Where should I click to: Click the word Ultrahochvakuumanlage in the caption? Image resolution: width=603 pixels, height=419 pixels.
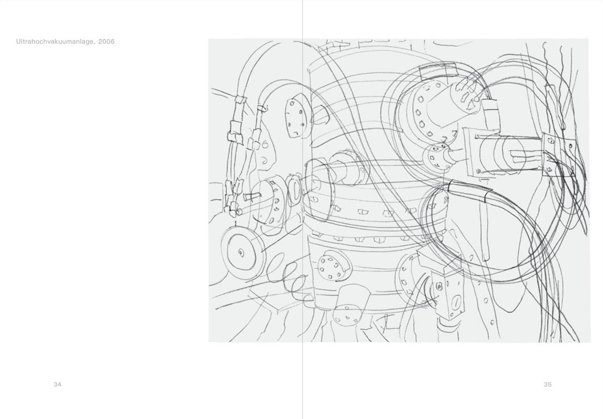(x=55, y=42)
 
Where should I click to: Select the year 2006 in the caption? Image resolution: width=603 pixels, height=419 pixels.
(x=106, y=42)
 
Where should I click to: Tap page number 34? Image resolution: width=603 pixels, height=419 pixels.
(x=58, y=384)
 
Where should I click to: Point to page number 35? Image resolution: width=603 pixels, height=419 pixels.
(x=548, y=384)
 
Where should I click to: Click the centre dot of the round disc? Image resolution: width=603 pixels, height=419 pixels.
(x=241, y=253)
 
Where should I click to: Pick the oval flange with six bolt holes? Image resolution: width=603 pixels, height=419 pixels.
(x=296, y=117)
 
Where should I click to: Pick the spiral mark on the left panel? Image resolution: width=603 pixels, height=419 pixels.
(x=264, y=159)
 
